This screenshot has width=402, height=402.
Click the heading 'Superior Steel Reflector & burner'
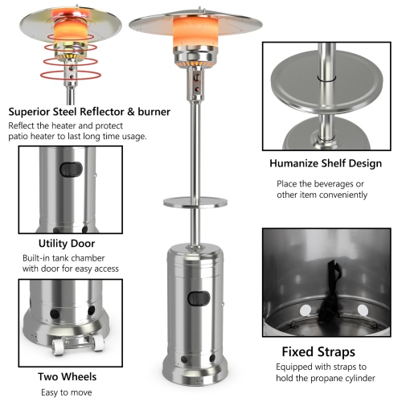[x=88, y=112]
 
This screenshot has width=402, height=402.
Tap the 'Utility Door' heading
[x=66, y=242]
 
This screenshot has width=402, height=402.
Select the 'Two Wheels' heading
[x=66, y=376]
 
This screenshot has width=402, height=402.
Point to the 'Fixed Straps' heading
[x=318, y=351]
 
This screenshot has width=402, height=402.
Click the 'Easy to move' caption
[x=66, y=392]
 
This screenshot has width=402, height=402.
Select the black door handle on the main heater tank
[x=198, y=299]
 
